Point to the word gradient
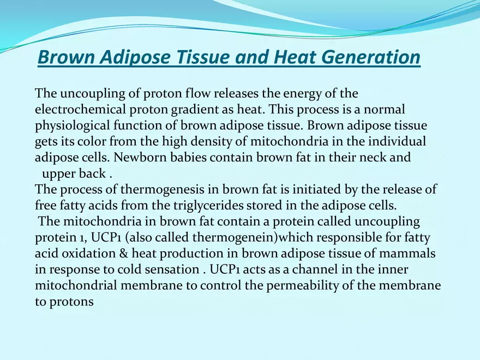197,110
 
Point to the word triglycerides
270,206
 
